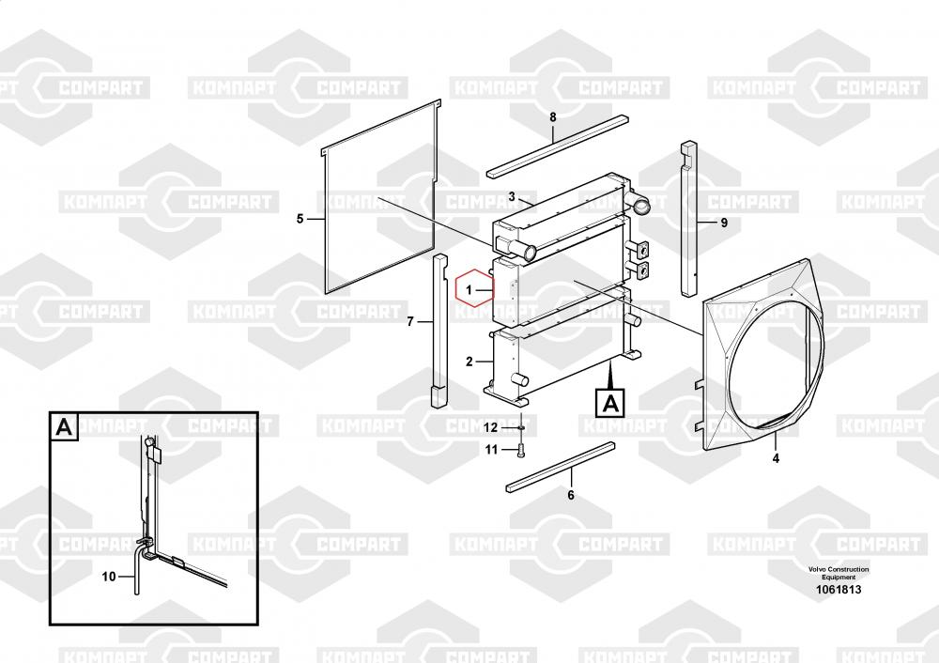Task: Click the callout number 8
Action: point(552,116)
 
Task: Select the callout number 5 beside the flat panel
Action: point(300,219)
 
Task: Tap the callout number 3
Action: point(512,196)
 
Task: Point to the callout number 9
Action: point(724,223)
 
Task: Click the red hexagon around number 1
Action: point(473,290)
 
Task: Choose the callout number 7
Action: point(410,322)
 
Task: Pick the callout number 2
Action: point(469,362)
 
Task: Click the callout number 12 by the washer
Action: point(491,427)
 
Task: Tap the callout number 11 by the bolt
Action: point(491,449)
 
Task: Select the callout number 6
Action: point(570,495)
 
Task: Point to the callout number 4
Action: point(776,459)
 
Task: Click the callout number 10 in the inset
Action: point(108,577)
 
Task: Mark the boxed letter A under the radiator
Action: point(609,404)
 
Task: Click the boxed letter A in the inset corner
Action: point(64,427)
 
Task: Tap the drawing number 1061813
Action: point(838,590)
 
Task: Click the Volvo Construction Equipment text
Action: point(838,573)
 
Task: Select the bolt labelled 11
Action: point(521,452)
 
